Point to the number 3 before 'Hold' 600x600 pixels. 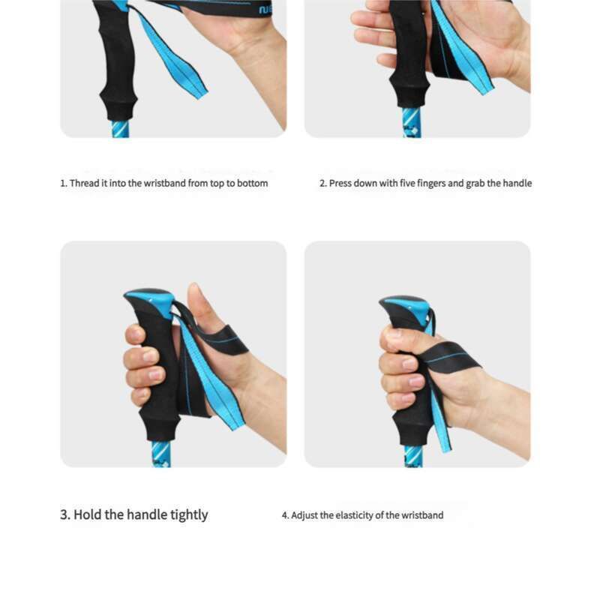point(64,514)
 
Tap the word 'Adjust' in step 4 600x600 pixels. point(304,515)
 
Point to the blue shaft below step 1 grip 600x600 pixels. point(119,129)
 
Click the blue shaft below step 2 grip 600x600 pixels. point(412,122)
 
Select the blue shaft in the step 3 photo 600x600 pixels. point(160,454)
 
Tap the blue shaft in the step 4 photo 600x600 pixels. point(413,457)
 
